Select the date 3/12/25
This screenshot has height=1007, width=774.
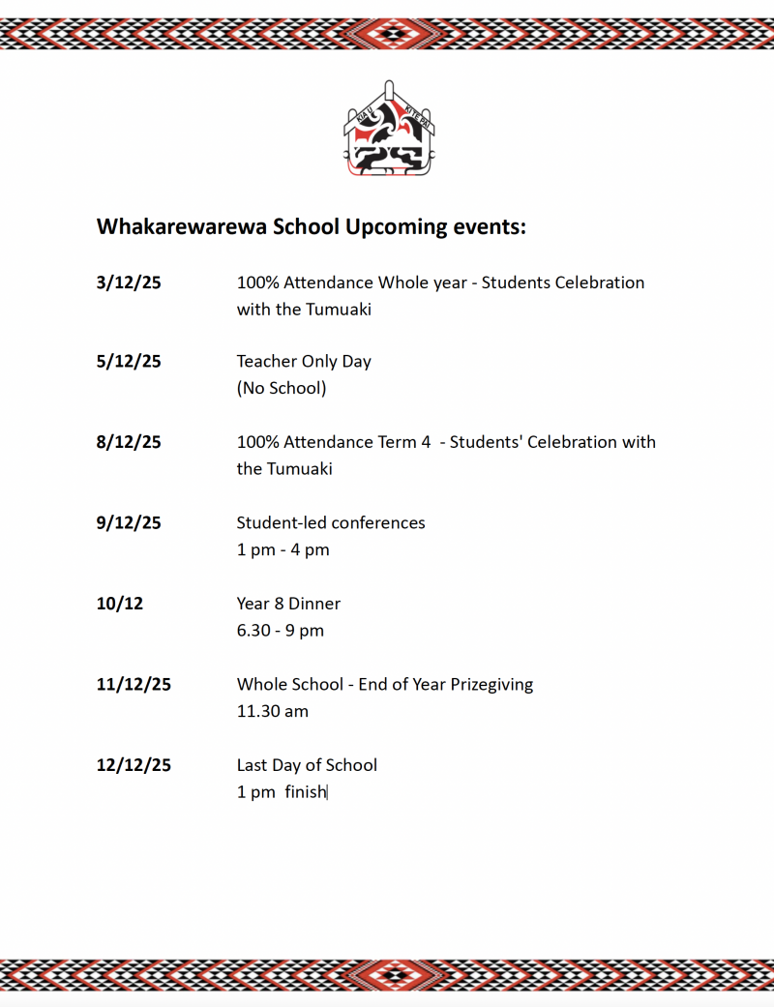(x=129, y=283)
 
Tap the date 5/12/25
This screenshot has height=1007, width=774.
(x=129, y=362)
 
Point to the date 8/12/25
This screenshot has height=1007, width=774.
(x=129, y=442)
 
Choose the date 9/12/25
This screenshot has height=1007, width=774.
(x=129, y=523)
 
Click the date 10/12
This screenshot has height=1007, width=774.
(x=120, y=604)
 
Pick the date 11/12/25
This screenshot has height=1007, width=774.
(x=134, y=685)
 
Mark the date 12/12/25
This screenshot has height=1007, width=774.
(x=134, y=765)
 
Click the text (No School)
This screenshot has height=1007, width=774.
(x=282, y=389)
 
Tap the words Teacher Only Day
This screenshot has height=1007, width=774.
(x=304, y=362)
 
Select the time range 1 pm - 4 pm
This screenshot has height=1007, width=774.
(x=283, y=550)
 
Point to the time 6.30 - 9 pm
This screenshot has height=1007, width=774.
(x=281, y=631)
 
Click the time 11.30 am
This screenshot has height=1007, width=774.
(x=273, y=712)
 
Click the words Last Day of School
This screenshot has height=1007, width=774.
(x=307, y=765)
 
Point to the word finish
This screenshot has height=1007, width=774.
(x=306, y=792)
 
